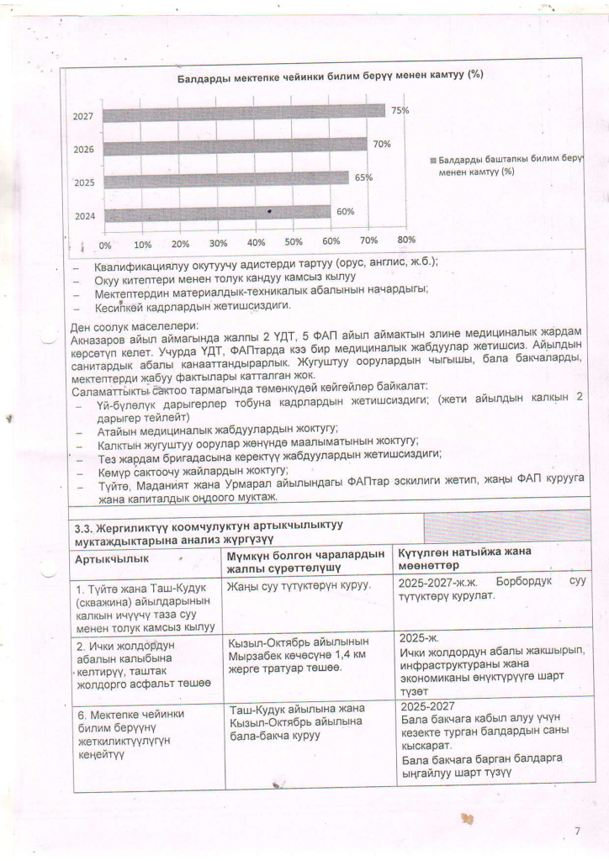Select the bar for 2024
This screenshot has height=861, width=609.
(217, 214)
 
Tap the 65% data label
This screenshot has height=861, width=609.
(363, 177)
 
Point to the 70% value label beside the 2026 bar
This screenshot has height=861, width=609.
(382, 144)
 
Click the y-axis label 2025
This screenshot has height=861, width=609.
(84, 182)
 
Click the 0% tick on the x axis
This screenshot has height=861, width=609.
(106, 246)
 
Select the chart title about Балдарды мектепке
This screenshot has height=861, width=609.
(330, 77)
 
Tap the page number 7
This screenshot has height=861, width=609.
(577, 832)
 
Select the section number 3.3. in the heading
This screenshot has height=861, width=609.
(87, 529)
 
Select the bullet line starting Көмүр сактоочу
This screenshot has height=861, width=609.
(192, 470)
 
